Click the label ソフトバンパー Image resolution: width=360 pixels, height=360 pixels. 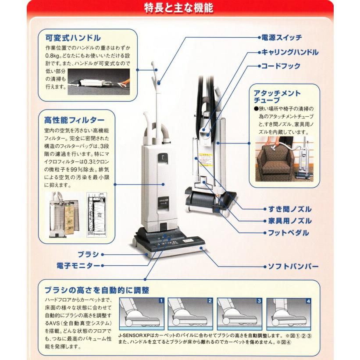pyautogui.click(x=293, y=266)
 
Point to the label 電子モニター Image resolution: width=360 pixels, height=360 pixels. pyautogui.click(x=78, y=265)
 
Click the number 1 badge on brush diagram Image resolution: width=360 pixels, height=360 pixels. pyautogui.click(x=161, y=301)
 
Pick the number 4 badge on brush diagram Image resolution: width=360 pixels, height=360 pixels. pyautogui.click(x=308, y=301)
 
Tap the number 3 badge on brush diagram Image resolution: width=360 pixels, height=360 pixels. pyautogui.click(x=259, y=301)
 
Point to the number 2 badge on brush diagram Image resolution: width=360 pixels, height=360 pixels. pyautogui.click(x=210, y=301)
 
